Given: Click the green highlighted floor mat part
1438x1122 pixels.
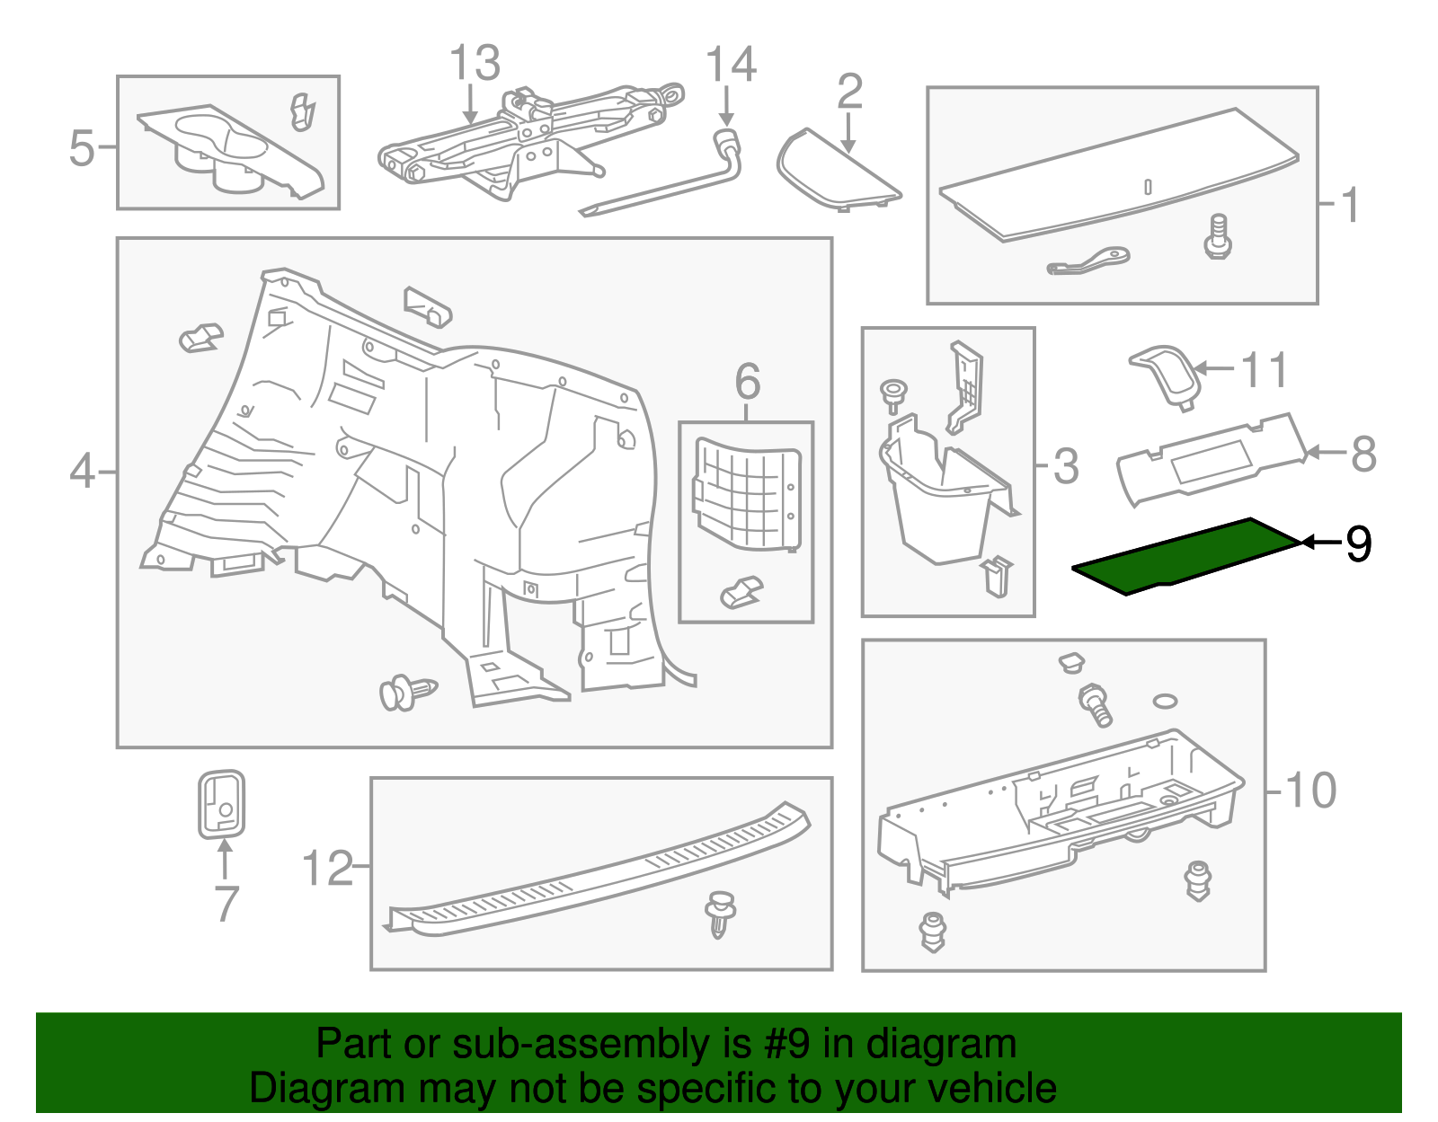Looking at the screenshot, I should [x=1186, y=555].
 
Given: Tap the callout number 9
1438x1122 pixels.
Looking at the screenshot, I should [x=1357, y=543].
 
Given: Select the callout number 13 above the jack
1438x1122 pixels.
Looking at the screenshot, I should [x=474, y=64].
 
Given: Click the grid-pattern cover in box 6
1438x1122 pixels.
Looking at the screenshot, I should [x=748, y=494].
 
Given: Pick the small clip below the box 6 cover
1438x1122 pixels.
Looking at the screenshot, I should [x=741, y=593].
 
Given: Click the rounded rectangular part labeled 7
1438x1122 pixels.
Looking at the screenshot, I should [x=221, y=804].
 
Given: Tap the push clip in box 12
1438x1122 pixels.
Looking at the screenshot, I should [x=720, y=914].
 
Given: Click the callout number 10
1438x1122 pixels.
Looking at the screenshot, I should [x=1310, y=791].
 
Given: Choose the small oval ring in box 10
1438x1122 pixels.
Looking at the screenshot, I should [x=1165, y=701].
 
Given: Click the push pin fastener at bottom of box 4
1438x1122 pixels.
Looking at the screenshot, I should [x=407, y=693].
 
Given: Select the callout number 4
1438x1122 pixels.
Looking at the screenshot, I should [x=82, y=471].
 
